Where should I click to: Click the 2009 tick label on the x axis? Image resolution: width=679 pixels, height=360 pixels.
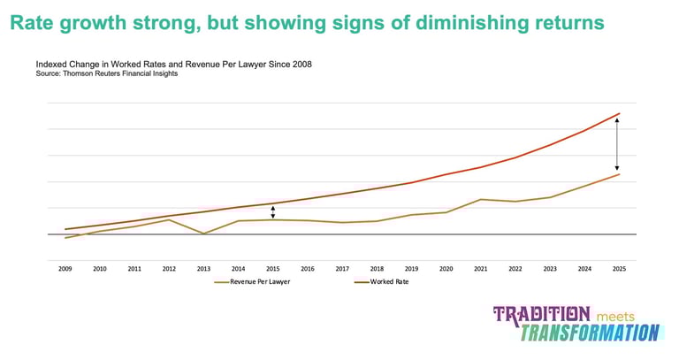(65, 268)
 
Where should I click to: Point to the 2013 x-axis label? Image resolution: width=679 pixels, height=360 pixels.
(203, 268)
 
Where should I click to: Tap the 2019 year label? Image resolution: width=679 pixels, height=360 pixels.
(411, 268)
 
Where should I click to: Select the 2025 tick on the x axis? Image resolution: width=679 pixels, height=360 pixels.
(619, 268)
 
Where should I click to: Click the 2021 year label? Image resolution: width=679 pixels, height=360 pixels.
(480, 268)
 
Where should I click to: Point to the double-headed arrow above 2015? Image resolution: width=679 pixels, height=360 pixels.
(273, 211)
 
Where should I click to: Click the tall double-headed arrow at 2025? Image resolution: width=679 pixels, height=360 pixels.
(617, 144)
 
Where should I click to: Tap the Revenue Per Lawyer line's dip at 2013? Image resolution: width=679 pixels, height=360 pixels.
(203, 234)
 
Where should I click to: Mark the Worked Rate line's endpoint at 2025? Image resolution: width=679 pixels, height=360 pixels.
(619, 114)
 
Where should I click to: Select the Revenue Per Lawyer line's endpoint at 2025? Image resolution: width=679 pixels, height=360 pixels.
(619, 174)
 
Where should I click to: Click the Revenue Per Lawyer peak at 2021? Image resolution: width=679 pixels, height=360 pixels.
(480, 199)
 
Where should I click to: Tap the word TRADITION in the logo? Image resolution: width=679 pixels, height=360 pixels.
(542, 314)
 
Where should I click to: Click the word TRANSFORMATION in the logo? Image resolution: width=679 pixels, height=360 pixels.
(590, 333)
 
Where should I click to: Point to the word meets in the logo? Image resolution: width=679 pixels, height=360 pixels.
(616, 316)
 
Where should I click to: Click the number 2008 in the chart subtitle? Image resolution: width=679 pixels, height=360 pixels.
(302, 65)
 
